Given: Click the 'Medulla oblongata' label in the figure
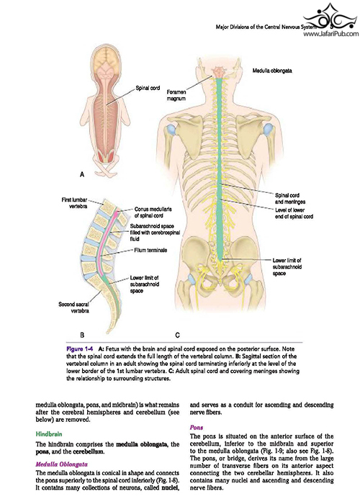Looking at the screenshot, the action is (272, 71).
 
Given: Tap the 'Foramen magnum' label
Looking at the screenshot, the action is (176, 95).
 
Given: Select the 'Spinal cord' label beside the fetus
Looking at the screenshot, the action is (148, 88).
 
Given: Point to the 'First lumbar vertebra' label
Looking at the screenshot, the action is (74, 203).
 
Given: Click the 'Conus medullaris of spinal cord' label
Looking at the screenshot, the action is (153, 212).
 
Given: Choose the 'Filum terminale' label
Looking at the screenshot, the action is (150, 250).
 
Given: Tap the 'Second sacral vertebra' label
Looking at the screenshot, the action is (74, 307).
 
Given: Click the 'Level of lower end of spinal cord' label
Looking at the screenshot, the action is (294, 213).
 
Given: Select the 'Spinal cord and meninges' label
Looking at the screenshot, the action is (290, 198).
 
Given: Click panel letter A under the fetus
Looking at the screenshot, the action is (82, 174).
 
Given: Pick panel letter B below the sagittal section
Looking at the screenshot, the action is (82, 335).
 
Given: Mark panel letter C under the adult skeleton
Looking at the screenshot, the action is (177, 336).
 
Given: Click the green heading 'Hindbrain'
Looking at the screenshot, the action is (49, 434).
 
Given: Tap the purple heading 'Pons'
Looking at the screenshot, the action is (197, 427).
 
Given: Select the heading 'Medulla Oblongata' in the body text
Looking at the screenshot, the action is (61, 464).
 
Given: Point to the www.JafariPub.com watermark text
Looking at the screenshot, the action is (331, 33).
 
